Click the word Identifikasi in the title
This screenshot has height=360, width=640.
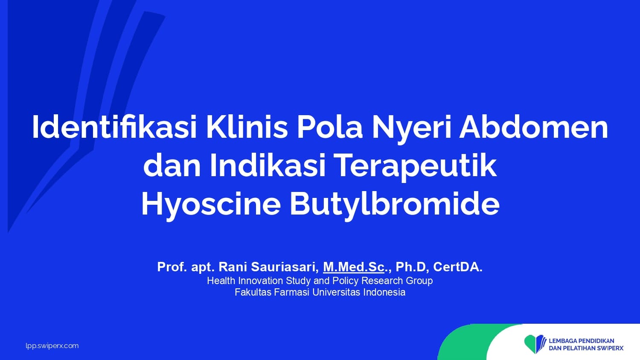point(115,127)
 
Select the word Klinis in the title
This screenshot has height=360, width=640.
point(247,127)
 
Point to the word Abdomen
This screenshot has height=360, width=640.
point(533,127)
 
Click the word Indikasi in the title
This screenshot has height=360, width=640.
point(268,165)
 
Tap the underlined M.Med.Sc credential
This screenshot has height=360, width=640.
point(354,267)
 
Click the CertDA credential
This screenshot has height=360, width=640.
point(457,267)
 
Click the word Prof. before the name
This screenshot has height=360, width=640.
point(172,267)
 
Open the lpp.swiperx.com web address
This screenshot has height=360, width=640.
point(52,346)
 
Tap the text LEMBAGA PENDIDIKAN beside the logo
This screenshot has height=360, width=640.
point(582,341)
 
